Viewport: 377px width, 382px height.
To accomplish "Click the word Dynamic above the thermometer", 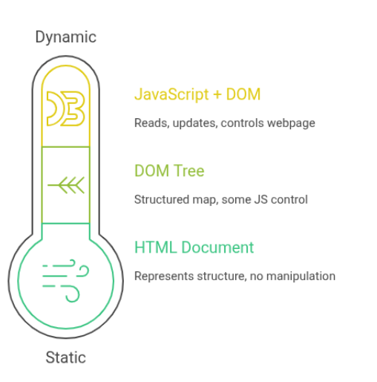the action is (65, 37).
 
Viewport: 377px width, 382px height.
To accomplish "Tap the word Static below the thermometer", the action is (65, 357).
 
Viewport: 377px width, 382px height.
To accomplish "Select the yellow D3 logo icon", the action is (65, 109).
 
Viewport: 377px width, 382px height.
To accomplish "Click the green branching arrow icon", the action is (66, 185).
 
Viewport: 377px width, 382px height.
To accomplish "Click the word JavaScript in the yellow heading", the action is (171, 94).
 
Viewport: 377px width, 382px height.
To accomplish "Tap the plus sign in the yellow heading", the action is (217, 95).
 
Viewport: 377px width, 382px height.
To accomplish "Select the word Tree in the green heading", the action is (188, 171).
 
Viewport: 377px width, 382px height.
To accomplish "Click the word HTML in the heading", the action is (156, 247).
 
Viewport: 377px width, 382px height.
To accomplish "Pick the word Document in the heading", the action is (217, 247).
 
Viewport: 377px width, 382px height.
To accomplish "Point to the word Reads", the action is (152, 123).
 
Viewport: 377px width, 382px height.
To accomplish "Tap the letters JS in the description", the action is (260, 200).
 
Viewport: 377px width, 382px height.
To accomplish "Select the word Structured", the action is (162, 200).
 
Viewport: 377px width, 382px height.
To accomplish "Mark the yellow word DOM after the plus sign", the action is (243, 94).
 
